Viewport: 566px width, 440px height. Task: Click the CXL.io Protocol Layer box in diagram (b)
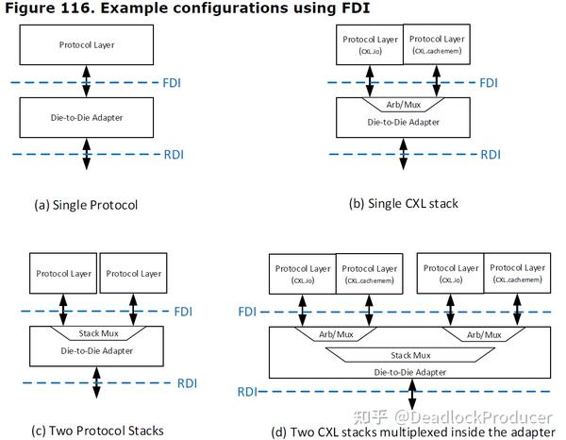370,44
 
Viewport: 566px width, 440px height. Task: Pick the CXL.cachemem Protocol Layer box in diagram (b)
437,44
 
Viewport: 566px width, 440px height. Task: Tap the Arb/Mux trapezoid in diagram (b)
403,105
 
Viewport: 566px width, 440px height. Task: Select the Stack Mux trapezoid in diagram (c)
97,334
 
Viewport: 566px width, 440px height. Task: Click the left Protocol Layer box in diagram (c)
63,274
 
